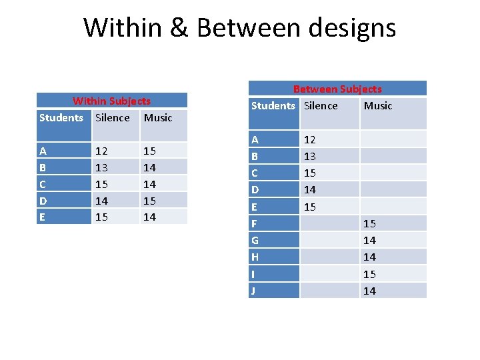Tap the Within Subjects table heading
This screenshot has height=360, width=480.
pyautogui.click(x=111, y=101)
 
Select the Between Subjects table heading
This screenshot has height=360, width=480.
pyautogui.click(x=337, y=89)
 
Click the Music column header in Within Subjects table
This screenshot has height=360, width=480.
pyautogui.click(x=158, y=118)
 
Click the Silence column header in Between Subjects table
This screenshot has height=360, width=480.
pyautogui.click(x=321, y=106)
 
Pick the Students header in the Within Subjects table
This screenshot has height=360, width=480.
pyautogui.click(x=61, y=118)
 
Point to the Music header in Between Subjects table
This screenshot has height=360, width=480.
pyautogui.click(x=378, y=106)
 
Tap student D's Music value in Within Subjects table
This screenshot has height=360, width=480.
pyautogui.click(x=150, y=200)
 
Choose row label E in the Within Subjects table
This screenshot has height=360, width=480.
pyautogui.click(x=43, y=217)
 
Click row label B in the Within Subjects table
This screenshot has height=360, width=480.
pyautogui.click(x=43, y=167)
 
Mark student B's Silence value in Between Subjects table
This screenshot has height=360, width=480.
pyautogui.click(x=310, y=156)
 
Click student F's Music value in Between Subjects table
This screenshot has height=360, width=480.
pyautogui.click(x=369, y=223)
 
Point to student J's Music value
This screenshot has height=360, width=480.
pyautogui.click(x=369, y=291)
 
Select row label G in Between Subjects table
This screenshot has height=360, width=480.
pyautogui.click(x=255, y=240)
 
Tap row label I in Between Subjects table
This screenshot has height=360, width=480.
pyautogui.click(x=253, y=274)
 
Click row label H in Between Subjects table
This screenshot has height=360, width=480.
pyautogui.click(x=255, y=257)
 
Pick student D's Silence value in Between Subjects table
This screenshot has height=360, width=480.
pyautogui.click(x=310, y=190)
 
